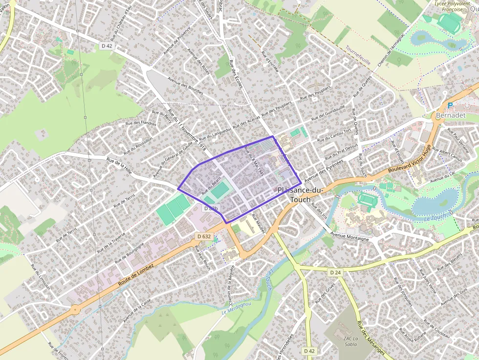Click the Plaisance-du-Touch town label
pos(299,194)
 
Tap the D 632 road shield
pos(204,236)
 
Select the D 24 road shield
pos(335,272)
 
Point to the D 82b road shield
pos(211,209)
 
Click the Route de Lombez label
pos(135,275)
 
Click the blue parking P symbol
pos(450,106)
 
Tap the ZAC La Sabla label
pos(348,340)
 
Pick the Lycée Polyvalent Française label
pos(449,6)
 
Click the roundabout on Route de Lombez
pos(75,309)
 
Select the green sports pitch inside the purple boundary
pos(219,190)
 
